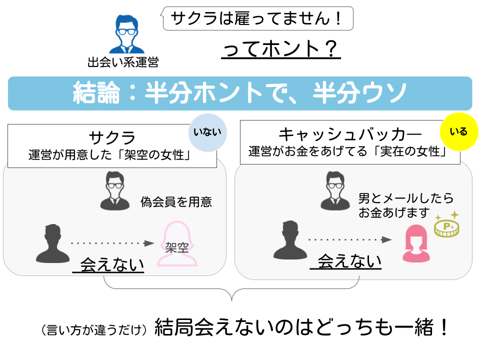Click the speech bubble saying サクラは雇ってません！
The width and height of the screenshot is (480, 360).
point(258,18)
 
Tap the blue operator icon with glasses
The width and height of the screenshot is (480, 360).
point(126,34)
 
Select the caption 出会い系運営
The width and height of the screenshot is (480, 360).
point(122,62)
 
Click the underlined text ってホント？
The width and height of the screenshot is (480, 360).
point(281,49)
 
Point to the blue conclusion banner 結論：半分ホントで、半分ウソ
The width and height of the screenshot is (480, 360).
point(240,93)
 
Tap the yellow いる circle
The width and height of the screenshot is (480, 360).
point(458,132)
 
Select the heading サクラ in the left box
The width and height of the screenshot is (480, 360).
point(112,137)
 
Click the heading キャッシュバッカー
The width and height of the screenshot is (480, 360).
point(349,134)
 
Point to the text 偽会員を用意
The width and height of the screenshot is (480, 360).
point(176,201)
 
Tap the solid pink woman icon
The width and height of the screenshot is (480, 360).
point(415,243)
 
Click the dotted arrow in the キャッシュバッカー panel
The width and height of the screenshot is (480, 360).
point(349,240)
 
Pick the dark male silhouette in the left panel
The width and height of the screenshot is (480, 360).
point(52,244)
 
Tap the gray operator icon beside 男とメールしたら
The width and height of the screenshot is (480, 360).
point(336,190)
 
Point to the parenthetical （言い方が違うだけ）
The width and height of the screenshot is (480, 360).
point(95,330)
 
